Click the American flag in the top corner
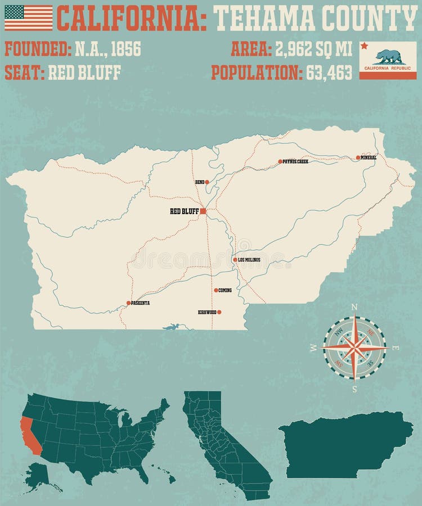[x=29, y=17]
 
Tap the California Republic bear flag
[x=388, y=60]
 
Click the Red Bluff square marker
[x=203, y=211]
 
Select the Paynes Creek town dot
[x=280, y=161]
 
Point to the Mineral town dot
[x=358, y=157]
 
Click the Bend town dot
[x=207, y=182]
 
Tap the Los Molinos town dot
[x=235, y=260]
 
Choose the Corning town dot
[x=216, y=290]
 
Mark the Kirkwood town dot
[x=219, y=311]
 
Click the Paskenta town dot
[x=128, y=303]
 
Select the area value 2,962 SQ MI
[x=313, y=49]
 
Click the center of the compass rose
[x=354, y=348]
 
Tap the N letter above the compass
[x=354, y=307]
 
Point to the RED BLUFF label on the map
[x=184, y=212]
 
